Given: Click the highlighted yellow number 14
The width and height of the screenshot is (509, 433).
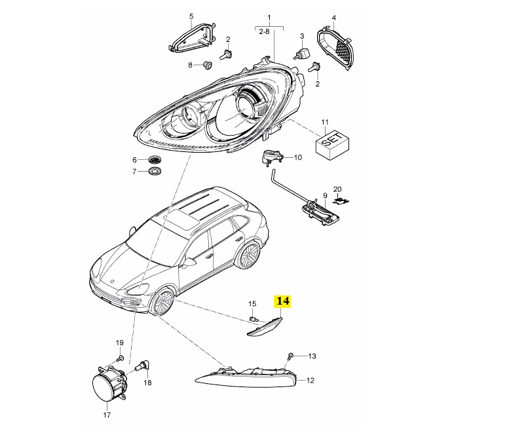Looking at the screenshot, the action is tap(282, 301).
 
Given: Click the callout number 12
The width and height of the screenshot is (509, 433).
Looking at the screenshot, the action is tap(311, 380).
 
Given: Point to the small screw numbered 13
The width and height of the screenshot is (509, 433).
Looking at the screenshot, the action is tap(290, 356).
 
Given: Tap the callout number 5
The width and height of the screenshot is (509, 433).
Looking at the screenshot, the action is tap(191, 16).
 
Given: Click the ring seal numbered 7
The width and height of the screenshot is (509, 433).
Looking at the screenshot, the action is tap(155, 171).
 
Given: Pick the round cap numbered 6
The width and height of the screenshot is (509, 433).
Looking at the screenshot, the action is tap(155, 160).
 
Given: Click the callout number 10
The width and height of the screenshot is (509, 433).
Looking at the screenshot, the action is tap(297, 157).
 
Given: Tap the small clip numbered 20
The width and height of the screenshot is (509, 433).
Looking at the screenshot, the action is tap(341, 200).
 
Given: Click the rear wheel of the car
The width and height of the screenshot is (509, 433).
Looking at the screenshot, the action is tap(248, 254).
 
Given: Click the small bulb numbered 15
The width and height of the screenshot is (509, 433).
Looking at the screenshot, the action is tap(254, 318).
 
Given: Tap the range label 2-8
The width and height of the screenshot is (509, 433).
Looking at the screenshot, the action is tap(264, 31).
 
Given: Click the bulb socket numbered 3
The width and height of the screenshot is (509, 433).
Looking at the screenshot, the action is tap(302, 52).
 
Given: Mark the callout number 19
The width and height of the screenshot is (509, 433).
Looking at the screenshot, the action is tap(120, 343).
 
